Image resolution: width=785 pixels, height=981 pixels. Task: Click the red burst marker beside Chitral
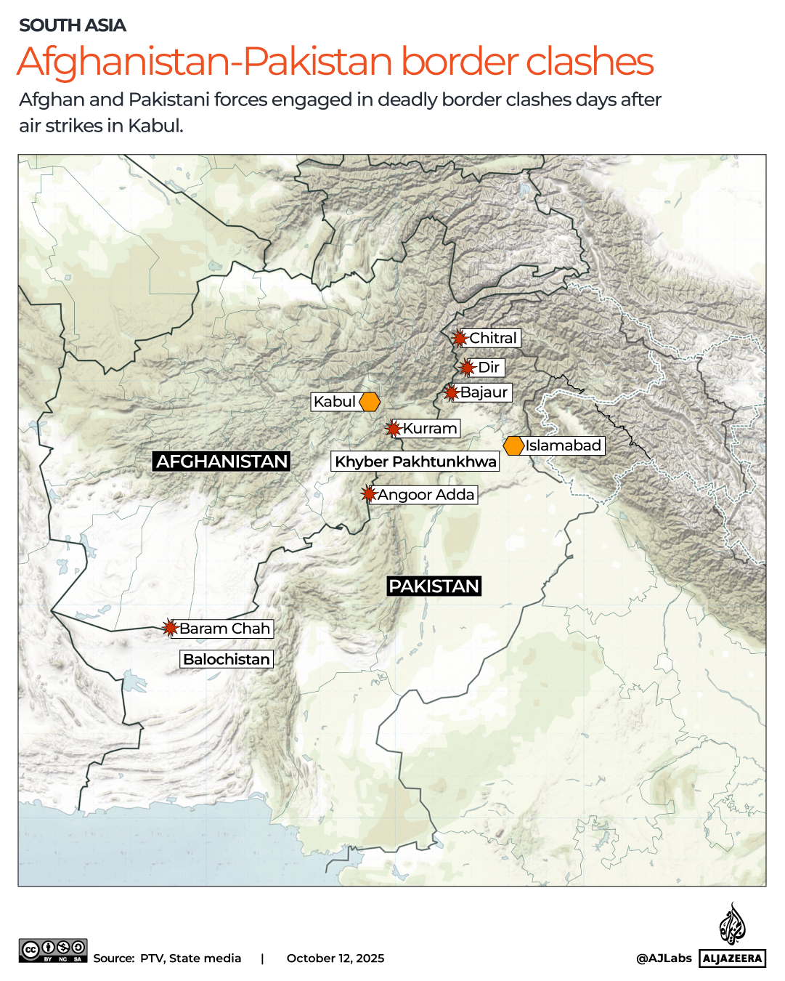[x=460, y=338]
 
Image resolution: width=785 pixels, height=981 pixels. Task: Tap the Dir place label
[x=488, y=368]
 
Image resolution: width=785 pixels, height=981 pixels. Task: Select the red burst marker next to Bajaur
[x=452, y=393]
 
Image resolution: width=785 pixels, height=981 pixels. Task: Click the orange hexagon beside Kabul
[x=370, y=402]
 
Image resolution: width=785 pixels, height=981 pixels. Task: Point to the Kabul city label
[x=335, y=402]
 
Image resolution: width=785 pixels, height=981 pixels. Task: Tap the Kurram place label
[x=430, y=429]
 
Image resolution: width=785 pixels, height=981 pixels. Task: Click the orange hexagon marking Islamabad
[x=514, y=445]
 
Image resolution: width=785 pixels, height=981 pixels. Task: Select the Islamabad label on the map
[x=564, y=445]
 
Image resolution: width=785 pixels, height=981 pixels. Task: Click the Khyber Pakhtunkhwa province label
[x=415, y=461]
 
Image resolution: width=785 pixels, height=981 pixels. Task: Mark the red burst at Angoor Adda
[x=369, y=495]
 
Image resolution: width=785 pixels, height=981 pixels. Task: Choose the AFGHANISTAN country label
[x=221, y=461]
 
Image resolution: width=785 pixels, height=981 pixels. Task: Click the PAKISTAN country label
[x=434, y=586]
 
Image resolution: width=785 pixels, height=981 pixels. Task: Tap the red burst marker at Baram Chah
[x=171, y=629]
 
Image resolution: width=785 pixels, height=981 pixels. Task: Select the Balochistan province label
[x=227, y=659]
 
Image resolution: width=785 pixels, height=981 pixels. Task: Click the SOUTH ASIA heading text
[x=73, y=25]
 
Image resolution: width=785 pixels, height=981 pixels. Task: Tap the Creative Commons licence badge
[x=53, y=950]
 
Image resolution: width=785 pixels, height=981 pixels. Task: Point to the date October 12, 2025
[x=335, y=958]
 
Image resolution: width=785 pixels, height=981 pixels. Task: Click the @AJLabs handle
[x=664, y=958]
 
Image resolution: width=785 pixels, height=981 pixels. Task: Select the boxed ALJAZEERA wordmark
[x=733, y=958]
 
